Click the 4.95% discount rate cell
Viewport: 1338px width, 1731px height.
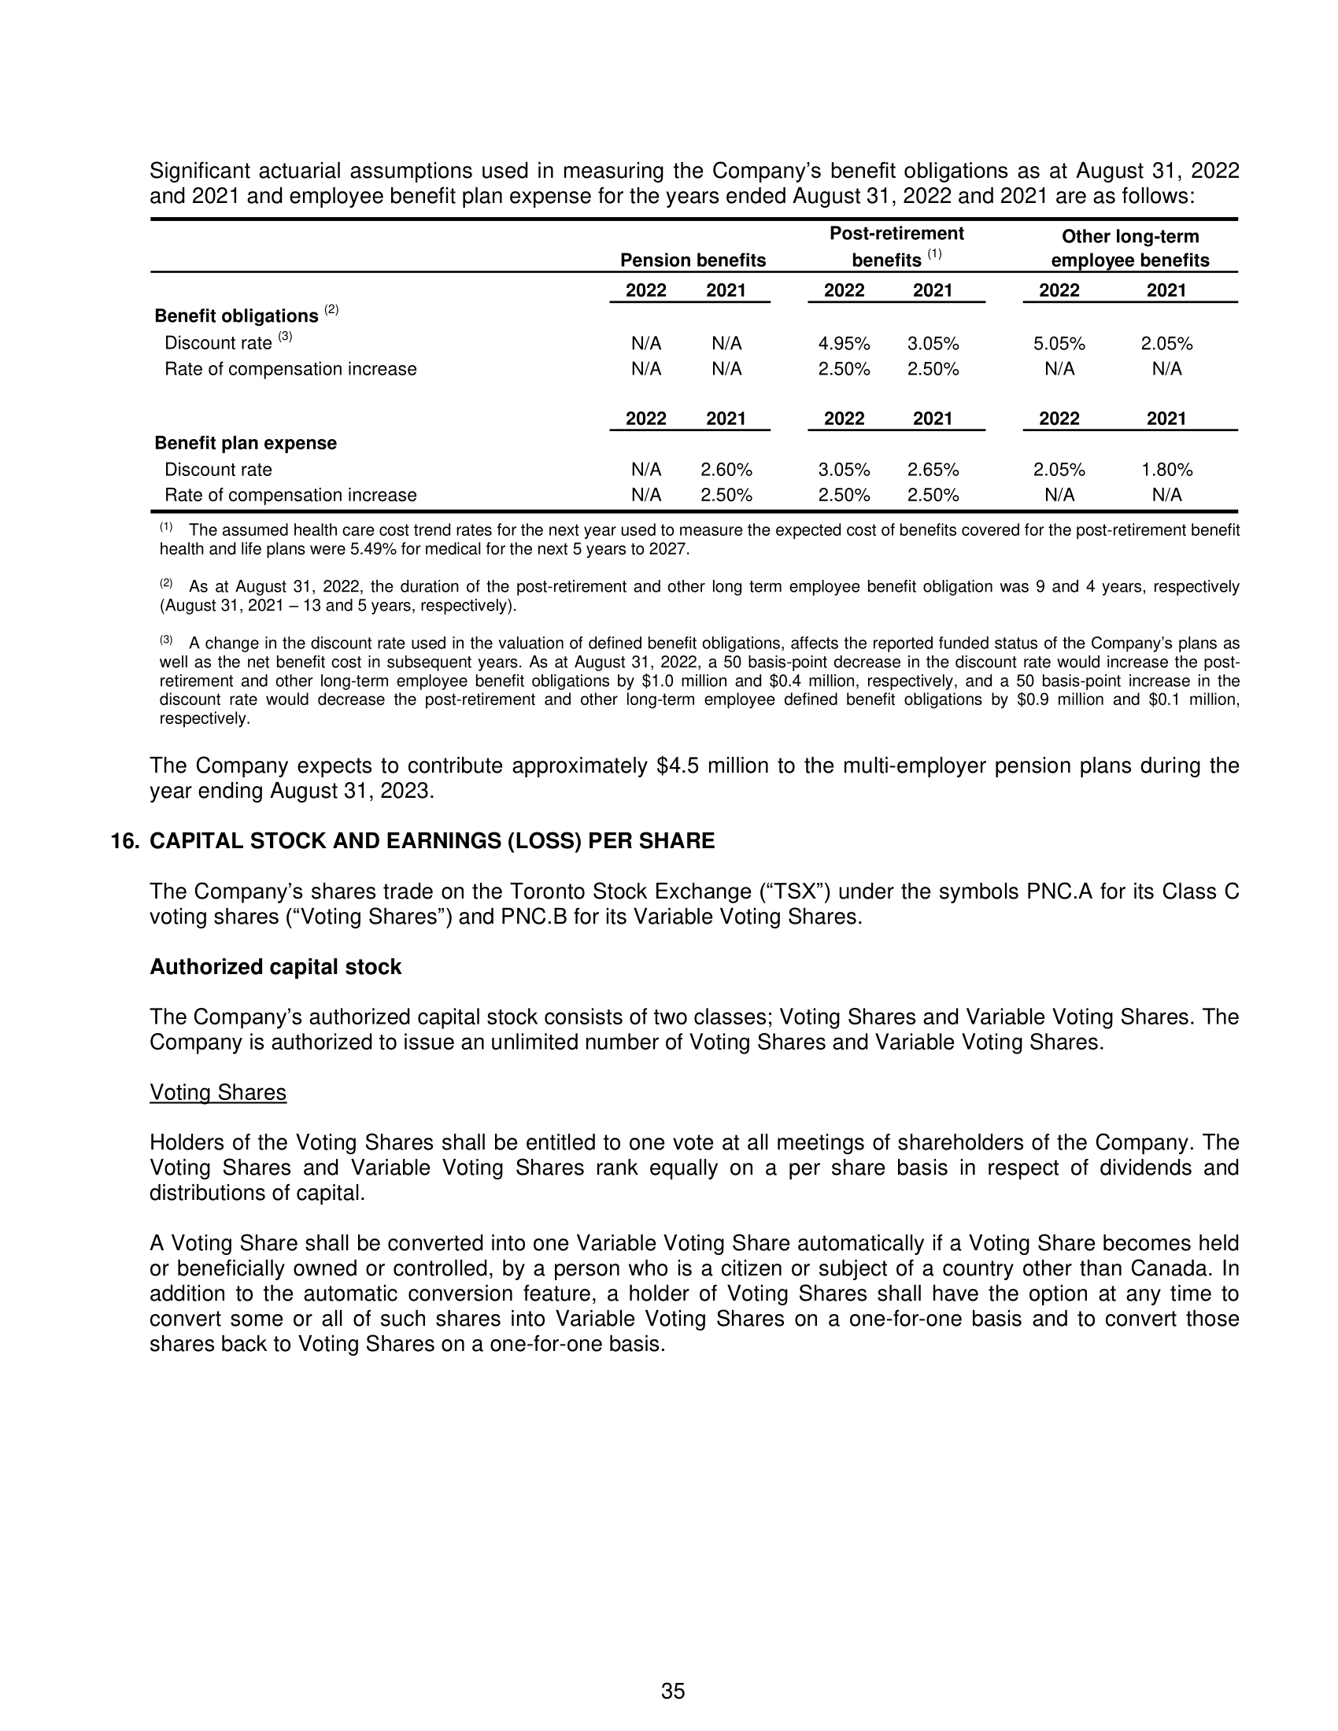pyautogui.click(x=844, y=344)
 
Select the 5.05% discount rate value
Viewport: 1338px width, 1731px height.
pyautogui.click(x=1059, y=344)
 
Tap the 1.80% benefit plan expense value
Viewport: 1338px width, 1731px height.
pyautogui.click(x=1166, y=470)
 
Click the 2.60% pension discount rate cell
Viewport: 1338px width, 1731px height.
pyautogui.click(x=726, y=470)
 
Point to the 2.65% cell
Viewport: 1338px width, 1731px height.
pyautogui.click(x=933, y=470)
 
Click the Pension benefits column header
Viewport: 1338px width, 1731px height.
pyautogui.click(x=693, y=260)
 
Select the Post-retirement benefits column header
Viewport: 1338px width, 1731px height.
pyautogui.click(x=896, y=246)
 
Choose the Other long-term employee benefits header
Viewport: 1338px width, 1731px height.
pyautogui.click(x=1129, y=248)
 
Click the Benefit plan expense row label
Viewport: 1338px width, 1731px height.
pyautogui.click(x=246, y=443)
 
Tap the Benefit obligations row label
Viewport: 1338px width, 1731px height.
pyautogui.click(x=236, y=316)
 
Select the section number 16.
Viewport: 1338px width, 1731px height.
pyautogui.click(x=124, y=841)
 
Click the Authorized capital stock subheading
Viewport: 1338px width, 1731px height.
pyautogui.click(x=275, y=967)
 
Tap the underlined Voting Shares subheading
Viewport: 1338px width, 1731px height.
pyautogui.click(x=218, y=1093)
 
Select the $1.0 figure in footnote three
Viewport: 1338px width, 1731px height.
pyautogui.click(x=657, y=681)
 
